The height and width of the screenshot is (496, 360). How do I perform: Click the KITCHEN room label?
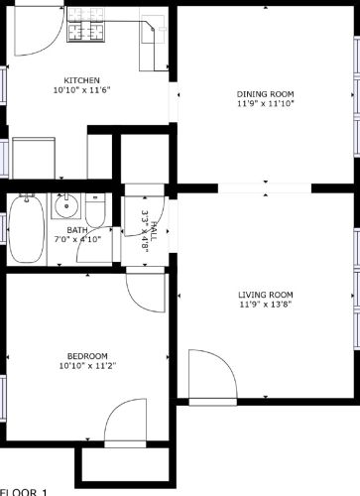click(x=81, y=80)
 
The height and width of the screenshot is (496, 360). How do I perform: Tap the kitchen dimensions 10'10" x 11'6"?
click(x=81, y=90)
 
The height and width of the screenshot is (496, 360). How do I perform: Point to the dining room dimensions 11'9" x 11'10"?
click(x=266, y=103)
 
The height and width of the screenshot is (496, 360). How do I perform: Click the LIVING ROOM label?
click(x=266, y=295)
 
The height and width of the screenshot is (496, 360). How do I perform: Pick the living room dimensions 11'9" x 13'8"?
click(x=266, y=305)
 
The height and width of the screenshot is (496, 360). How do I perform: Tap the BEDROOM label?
click(x=87, y=356)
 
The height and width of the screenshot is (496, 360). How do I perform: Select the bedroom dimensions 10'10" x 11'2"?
click(x=87, y=366)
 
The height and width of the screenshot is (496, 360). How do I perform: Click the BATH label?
click(x=77, y=230)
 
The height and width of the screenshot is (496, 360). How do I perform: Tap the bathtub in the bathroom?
click(x=26, y=229)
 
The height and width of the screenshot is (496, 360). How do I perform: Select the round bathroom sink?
click(x=65, y=208)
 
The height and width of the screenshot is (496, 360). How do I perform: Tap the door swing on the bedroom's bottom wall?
click(x=127, y=422)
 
